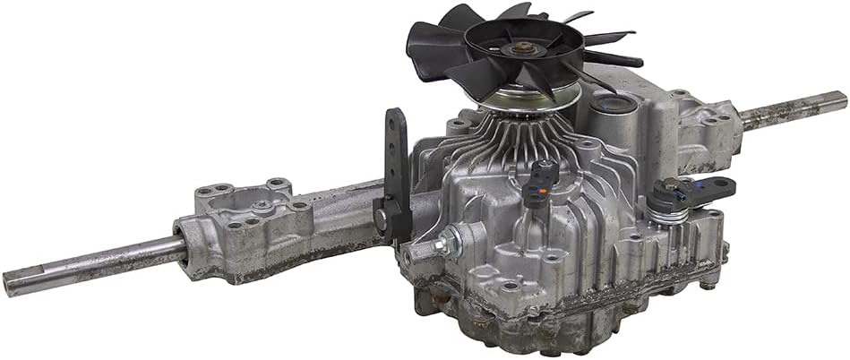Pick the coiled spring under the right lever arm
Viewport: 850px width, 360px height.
click(x=664, y=209)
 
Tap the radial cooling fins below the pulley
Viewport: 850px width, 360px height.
click(x=502, y=143)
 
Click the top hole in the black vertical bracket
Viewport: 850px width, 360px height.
click(x=395, y=124)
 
